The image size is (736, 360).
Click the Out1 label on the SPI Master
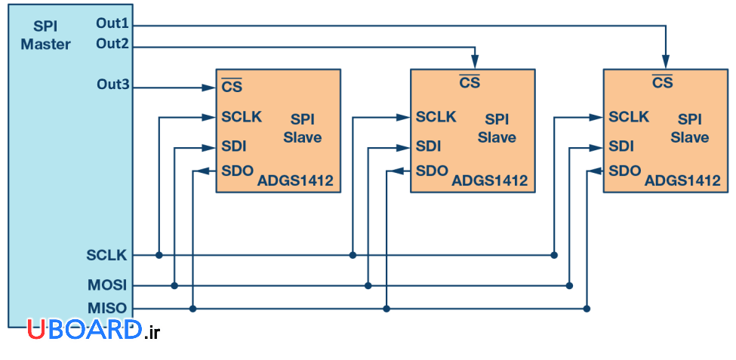tap(112, 23)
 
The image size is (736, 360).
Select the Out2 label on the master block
tap(112, 44)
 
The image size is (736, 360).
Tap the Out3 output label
tap(112, 84)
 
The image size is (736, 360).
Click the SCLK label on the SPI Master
tap(106, 255)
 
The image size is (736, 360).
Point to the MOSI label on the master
tap(106, 286)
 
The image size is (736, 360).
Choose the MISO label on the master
tap(106, 308)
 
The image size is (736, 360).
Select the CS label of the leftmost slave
tap(231, 87)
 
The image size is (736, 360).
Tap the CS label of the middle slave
tap(470, 82)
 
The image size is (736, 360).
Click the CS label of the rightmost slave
tap(663, 82)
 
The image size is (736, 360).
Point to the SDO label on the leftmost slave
tap(237, 170)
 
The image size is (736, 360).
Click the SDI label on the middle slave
tap(428, 146)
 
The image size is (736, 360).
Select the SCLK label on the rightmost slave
tap(629, 117)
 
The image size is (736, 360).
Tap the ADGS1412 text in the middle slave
tap(489, 181)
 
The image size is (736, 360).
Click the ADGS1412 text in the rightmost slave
tap(682, 181)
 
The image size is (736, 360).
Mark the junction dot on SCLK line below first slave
tap(159, 255)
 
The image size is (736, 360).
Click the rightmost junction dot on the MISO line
tap(587, 308)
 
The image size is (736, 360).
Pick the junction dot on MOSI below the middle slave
tap(368, 286)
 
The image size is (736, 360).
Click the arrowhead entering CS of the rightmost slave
tap(665, 63)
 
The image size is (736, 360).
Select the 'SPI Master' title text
tap(45, 35)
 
